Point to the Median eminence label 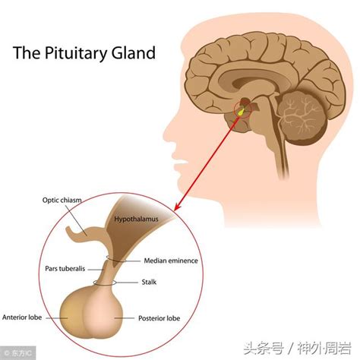[171, 260]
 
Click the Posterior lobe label [159, 317]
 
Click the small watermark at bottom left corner [13, 352]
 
